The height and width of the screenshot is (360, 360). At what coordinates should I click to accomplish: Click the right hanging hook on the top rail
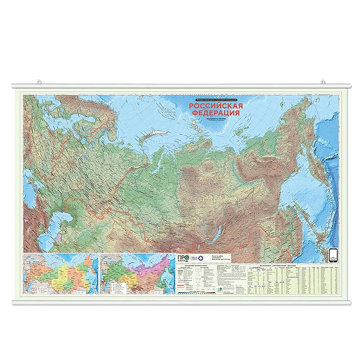[322, 81]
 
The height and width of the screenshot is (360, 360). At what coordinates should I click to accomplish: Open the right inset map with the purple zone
[138, 275]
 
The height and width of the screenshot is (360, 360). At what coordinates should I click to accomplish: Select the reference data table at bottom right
[291, 280]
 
